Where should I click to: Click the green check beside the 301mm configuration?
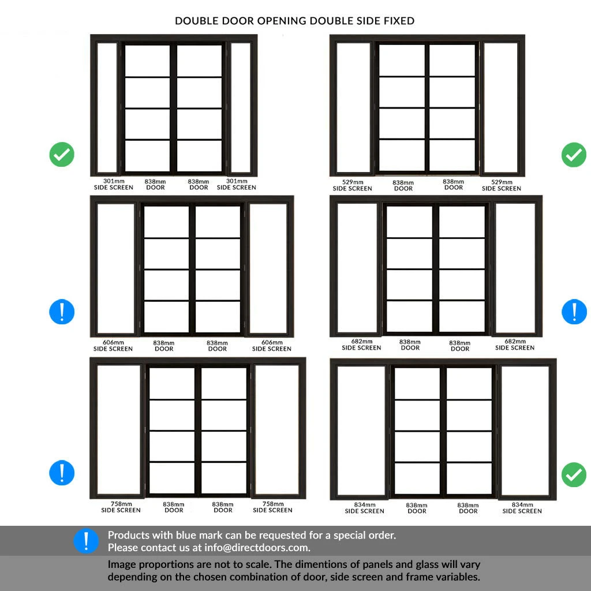pyautogui.click(x=62, y=155)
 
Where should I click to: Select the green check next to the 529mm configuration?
pyautogui.click(x=574, y=155)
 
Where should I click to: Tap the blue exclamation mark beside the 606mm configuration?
pyautogui.click(x=62, y=312)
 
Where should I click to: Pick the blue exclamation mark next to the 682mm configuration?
pyautogui.click(x=574, y=312)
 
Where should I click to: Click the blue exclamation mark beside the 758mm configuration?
pyautogui.click(x=62, y=472)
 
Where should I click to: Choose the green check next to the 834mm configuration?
pyautogui.click(x=574, y=474)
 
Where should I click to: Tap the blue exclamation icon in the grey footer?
pyautogui.click(x=86, y=541)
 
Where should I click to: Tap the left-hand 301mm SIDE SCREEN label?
pyautogui.click(x=114, y=184)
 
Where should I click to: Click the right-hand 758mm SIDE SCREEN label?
pyautogui.click(x=272, y=507)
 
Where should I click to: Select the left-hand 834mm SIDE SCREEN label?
pyautogui.click(x=364, y=508)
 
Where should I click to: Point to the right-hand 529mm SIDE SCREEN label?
pyautogui.click(x=501, y=185)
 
